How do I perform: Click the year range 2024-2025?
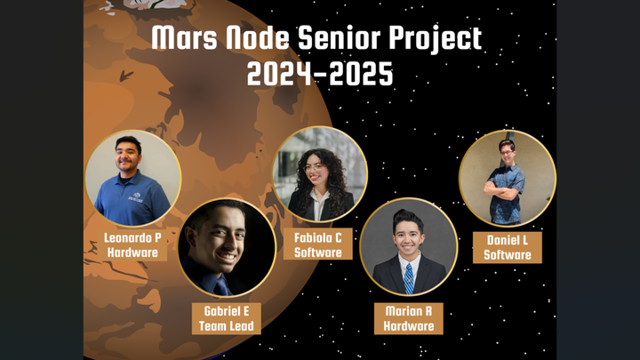[x=320, y=75]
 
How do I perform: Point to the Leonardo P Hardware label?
[x=133, y=245]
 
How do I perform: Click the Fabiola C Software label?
[x=318, y=244]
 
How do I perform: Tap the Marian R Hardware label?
[x=409, y=318]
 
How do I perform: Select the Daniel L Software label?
[x=508, y=247]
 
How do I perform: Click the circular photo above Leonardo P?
[x=133, y=178]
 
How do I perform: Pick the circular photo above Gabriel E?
[x=227, y=247]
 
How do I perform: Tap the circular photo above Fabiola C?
[x=319, y=173]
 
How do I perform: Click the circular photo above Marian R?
[x=409, y=246]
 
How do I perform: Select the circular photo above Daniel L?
[x=508, y=178]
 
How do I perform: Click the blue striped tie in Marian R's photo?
[x=409, y=278]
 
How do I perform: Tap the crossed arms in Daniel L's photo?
[x=504, y=188]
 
